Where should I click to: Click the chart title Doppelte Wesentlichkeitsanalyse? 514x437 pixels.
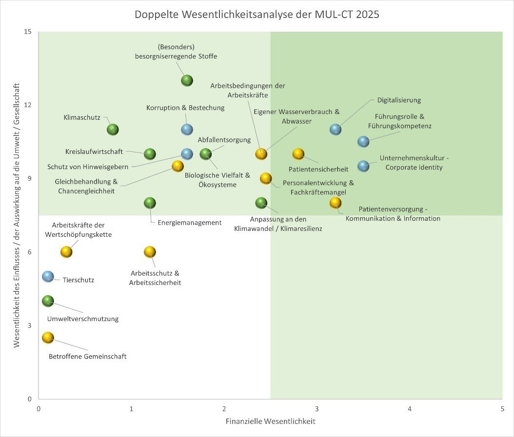click(257, 15)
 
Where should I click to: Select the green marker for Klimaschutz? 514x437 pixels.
click(113, 130)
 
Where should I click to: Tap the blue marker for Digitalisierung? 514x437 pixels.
click(336, 130)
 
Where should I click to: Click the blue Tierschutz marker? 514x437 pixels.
click(48, 276)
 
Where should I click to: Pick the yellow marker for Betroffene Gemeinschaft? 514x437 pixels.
click(48, 338)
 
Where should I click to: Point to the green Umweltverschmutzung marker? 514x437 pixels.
click(48, 301)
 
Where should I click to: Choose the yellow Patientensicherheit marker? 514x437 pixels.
click(298, 154)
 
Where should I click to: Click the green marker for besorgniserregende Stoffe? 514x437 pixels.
click(187, 80)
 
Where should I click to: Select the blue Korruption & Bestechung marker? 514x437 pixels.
click(187, 130)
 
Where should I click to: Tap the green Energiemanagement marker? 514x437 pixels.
click(150, 203)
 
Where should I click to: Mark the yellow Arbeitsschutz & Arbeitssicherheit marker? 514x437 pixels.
click(150, 252)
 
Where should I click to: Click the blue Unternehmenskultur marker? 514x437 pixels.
click(363, 166)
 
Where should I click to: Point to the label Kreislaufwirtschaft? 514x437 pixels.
click(94, 152)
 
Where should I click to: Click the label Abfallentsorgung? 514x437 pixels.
click(224, 140)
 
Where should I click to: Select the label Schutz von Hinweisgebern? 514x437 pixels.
click(88, 167)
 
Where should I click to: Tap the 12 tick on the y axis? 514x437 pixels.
click(27, 105)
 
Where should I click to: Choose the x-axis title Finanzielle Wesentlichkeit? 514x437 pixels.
click(270, 421)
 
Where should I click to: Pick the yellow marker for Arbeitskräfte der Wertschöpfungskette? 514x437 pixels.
click(66, 252)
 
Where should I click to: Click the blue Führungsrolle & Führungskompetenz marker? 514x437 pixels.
click(363, 142)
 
